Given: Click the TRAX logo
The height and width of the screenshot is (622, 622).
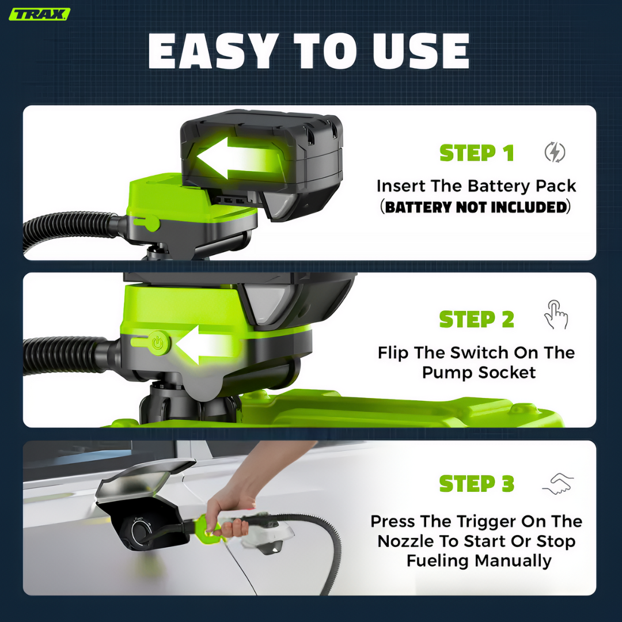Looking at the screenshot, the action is [39, 14].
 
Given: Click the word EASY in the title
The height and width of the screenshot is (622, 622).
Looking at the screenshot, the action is [213, 51].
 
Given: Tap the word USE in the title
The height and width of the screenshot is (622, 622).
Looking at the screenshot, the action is [421, 51].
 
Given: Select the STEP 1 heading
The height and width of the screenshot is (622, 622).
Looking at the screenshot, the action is [477, 153].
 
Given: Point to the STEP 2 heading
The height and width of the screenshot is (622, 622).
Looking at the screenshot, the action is [477, 319].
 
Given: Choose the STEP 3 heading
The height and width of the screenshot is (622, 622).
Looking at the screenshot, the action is [477, 484].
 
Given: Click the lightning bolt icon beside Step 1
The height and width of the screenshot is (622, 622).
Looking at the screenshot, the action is [555, 152].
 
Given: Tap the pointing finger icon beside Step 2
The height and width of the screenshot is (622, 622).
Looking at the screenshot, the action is [556, 314].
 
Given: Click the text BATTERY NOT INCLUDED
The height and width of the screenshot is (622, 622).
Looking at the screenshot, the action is [476, 207].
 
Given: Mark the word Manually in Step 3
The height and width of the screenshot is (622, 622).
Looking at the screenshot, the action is [513, 562].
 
